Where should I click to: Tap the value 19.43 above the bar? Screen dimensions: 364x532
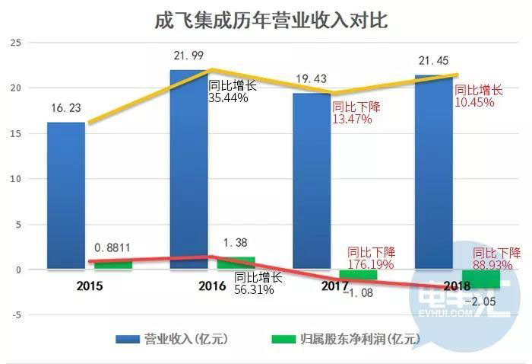coord(312,79)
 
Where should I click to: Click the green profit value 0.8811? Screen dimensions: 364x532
coord(114,247)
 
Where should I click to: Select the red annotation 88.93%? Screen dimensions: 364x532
coord(496,266)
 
